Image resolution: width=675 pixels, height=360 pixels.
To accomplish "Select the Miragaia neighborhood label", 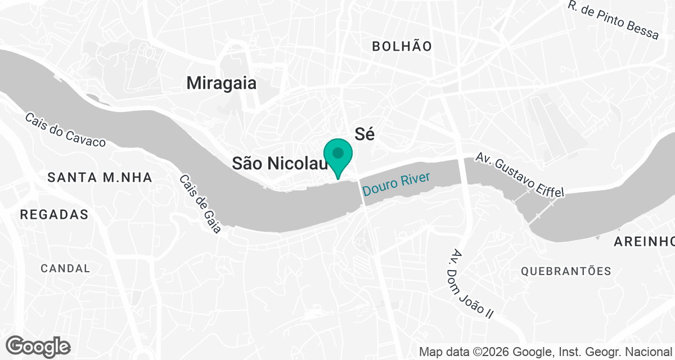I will [222, 83].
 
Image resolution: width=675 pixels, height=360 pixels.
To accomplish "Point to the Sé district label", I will [364, 133].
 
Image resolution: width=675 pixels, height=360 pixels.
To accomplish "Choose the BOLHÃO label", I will [402, 47].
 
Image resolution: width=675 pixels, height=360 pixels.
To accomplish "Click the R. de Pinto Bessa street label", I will [613, 20].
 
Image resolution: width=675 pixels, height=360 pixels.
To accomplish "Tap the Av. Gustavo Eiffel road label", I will [520, 174].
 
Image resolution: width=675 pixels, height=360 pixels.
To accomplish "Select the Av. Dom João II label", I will [473, 283].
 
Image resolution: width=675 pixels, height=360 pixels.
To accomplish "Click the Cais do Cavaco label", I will [65, 130].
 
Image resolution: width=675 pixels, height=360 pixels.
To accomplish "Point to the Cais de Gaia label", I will [200, 204].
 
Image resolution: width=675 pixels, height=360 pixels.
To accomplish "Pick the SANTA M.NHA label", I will [100, 178].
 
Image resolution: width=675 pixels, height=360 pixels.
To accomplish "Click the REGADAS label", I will [54, 214].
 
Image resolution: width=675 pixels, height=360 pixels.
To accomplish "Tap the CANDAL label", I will [65, 268].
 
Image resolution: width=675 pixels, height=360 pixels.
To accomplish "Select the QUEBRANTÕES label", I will [566, 271].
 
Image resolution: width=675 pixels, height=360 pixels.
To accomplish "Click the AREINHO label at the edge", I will [643, 242].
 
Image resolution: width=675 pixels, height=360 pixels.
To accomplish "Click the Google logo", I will [38, 345].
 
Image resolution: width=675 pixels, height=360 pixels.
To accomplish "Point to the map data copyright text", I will [546, 352].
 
